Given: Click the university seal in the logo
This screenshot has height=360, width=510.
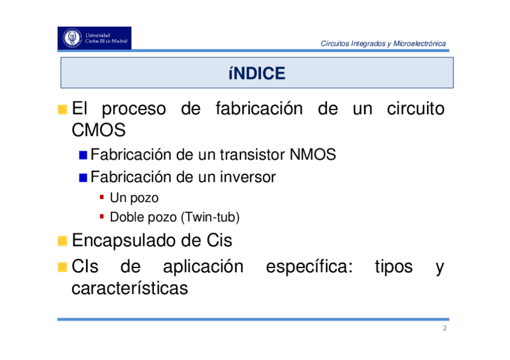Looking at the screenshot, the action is tap(72, 38).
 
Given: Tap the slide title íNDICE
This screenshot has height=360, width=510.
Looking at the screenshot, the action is tap(257, 73).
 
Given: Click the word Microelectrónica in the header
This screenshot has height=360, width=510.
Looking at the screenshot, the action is tap(420, 43).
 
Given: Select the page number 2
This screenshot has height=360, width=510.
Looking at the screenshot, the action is tap(444, 328).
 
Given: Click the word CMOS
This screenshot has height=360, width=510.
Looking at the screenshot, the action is tap(99, 130).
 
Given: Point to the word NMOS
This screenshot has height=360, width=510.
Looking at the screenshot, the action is tap(313, 154).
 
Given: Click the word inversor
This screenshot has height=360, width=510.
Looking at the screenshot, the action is tap(248, 177).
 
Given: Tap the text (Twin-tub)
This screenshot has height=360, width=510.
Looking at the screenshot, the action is tap(210, 217).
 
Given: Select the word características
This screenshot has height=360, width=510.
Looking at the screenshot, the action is tap(130, 288).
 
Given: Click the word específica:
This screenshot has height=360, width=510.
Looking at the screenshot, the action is tap(309, 267).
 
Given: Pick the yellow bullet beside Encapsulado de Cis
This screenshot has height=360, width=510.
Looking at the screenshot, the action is tap(62, 241).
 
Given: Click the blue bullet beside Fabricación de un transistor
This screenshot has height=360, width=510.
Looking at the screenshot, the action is tap(83, 155).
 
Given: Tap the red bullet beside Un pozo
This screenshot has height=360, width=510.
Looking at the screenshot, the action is tap(102, 197).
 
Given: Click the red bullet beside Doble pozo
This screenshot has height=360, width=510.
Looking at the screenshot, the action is tap(102, 216).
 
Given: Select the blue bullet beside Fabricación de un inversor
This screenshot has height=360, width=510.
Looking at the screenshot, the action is tap(83, 178).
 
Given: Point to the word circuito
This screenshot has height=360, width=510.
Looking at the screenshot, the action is tap(416, 109).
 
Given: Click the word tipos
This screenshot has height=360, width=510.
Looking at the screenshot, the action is tap(394, 267).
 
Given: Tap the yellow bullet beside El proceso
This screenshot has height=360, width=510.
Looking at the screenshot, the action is tap(62, 109).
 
